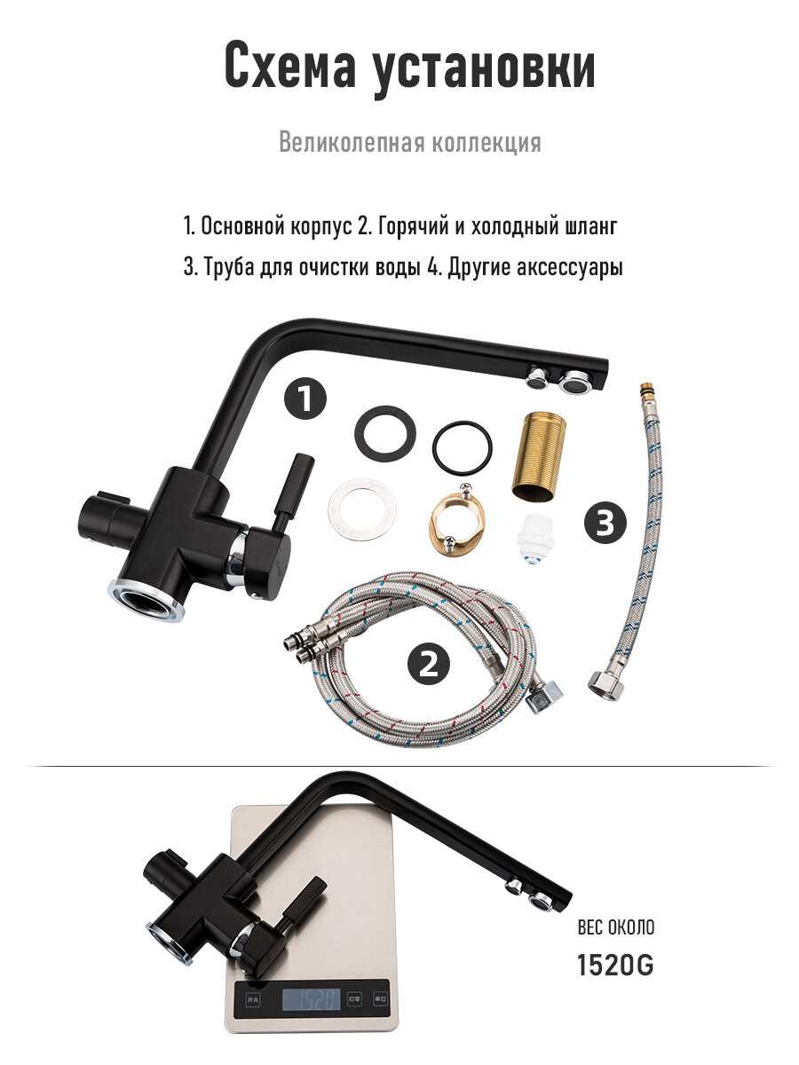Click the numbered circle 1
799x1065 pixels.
pos(305,399)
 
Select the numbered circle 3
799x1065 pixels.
pos(605,523)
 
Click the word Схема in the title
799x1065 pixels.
pos(290,66)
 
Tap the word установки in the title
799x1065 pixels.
pos(484,69)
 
